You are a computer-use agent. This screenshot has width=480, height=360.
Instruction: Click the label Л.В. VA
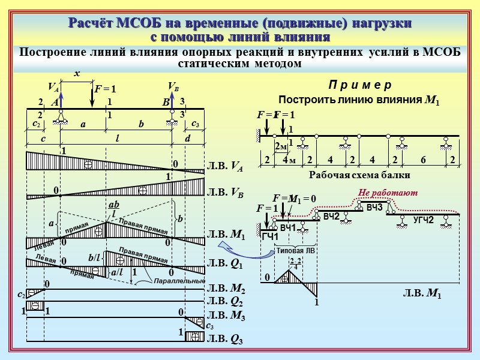pyautogui.click(x=225, y=167)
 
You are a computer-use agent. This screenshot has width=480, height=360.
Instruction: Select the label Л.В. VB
pyautogui.click(x=225, y=194)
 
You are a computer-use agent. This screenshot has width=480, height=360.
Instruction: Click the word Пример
pyautogui.click(x=360, y=85)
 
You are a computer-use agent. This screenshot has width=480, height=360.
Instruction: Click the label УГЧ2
pyautogui.click(x=423, y=220)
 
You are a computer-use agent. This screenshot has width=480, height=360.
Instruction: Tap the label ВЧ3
pyautogui.click(x=374, y=207)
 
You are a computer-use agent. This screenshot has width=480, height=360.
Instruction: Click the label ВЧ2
pyautogui.click(x=331, y=216)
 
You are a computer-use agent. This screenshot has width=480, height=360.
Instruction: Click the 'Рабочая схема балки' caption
pyautogui.click(x=359, y=176)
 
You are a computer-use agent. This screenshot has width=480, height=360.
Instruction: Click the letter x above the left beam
pyautogui.click(x=76, y=73)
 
